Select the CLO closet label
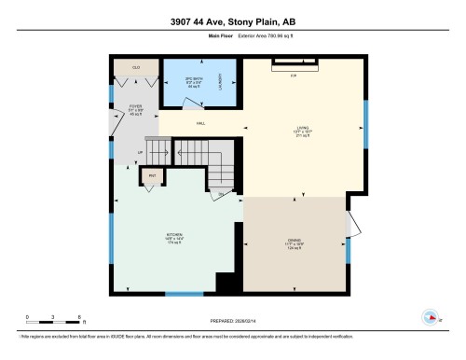(135, 67)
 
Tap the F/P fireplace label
(293, 74)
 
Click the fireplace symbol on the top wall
(293, 63)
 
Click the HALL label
(200, 124)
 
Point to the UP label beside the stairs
(141, 153)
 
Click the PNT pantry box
(151, 175)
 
